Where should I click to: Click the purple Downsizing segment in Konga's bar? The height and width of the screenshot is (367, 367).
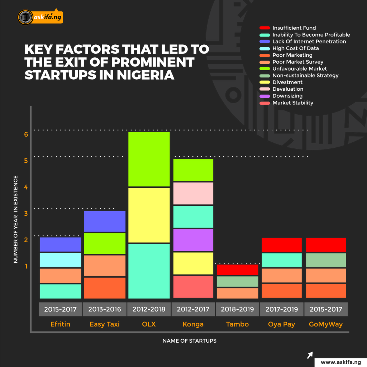pyautogui.click(x=193, y=240)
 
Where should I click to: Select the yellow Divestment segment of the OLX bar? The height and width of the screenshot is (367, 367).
pyautogui.click(x=149, y=215)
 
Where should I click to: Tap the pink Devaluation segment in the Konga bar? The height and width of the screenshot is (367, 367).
pyautogui.click(x=193, y=193)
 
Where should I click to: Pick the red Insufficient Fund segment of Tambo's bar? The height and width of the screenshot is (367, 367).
pyautogui.click(x=237, y=270)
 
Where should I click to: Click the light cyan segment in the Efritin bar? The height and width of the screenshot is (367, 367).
pyautogui.click(x=60, y=260)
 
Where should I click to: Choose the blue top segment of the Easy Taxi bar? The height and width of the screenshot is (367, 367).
pyautogui.click(x=104, y=221)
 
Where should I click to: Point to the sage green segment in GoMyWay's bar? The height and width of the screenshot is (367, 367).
pyautogui.click(x=326, y=260)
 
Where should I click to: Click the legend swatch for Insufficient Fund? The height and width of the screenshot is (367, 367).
pyautogui.click(x=264, y=28)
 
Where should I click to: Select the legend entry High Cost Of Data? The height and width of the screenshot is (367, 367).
pyautogui.click(x=295, y=48)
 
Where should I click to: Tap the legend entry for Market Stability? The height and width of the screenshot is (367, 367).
pyautogui.click(x=292, y=103)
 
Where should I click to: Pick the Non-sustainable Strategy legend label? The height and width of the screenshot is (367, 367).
pyautogui.click(x=305, y=76)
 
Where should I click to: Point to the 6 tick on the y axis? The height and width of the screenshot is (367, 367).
pyautogui.click(x=26, y=134)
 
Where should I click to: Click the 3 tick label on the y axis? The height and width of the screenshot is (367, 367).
pyautogui.click(x=26, y=214)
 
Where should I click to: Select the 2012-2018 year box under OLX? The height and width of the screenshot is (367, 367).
pyautogui.click(x=149, y=309)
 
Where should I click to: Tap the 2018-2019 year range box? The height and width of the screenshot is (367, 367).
pyautogui.click(x=237, y=309)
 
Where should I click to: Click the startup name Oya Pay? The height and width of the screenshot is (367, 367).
pyautogui.click(x=281, y=324)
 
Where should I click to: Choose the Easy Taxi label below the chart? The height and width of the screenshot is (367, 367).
pyautogui.click(x=104, y=324)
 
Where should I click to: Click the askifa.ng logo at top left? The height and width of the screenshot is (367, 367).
pyautogui.click(x=40, y=17)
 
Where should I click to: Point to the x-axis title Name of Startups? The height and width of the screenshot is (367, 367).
pyautogui.click(x=189, y=341)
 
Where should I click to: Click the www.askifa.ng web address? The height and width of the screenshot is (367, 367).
pyautogui.click(x=340, y=362)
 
